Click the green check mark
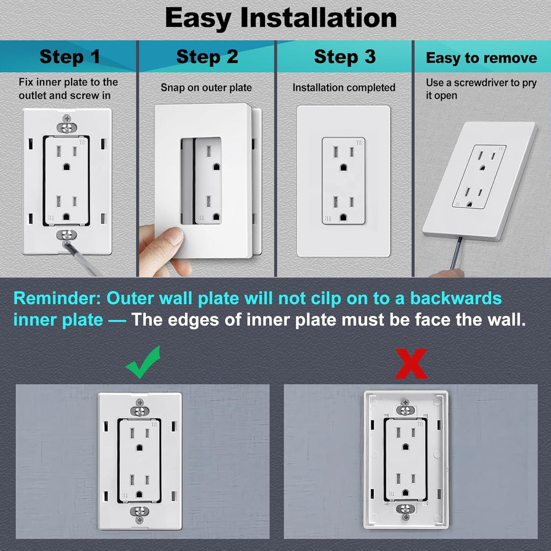tap(143, 363)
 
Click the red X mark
tap(411, 363)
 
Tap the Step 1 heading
tap(69, 57)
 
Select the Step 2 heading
tap(207, 57)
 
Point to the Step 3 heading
tap(345, 57)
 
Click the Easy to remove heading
tap(482, 58)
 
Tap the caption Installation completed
tap(344, 87)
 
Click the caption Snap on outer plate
tap(206, 87)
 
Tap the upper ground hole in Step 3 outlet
tap(344, 167)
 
